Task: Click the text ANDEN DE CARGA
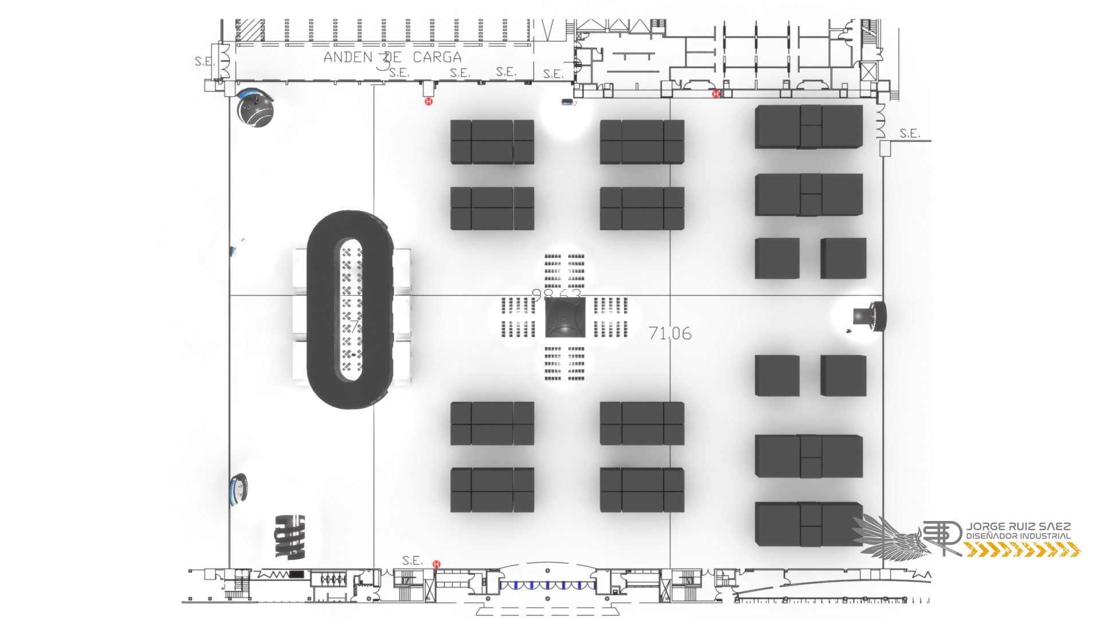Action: (392, 57)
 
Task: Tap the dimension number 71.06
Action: (670, 333)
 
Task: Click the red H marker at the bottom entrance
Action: (437, 564)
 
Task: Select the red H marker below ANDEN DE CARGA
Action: (429, 101)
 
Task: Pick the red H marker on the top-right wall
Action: (716, 93)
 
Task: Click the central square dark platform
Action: (565, 318)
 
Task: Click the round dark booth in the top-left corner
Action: (256, 108)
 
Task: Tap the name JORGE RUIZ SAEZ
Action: (1018, 526)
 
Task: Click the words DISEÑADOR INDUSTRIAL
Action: (1018, 536)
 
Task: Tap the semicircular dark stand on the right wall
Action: (870, 316)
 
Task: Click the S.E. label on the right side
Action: (909, 134)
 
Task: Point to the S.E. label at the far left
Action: (205, 61)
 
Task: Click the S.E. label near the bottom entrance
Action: (412, 560)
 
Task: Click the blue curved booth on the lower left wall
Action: (238, 490)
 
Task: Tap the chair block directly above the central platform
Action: (564, 271)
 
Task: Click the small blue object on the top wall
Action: (567, 102)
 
